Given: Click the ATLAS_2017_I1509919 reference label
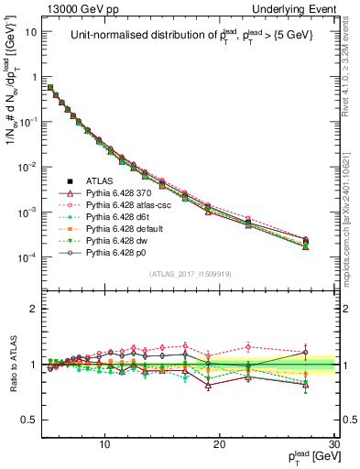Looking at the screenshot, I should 189,273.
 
